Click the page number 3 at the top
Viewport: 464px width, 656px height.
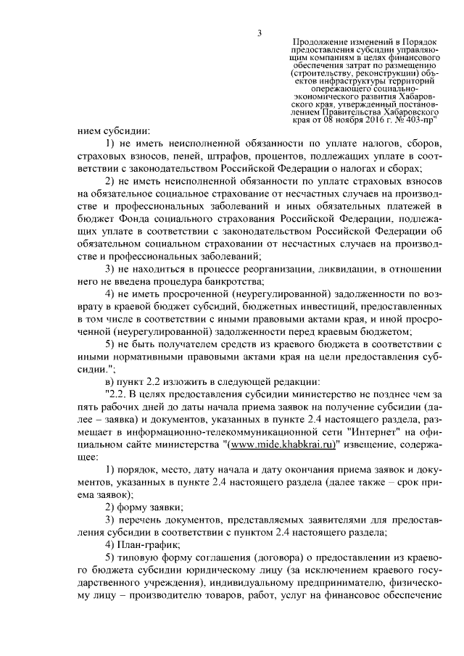point(258,32)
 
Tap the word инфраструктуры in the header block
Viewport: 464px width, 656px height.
point(353,80)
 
